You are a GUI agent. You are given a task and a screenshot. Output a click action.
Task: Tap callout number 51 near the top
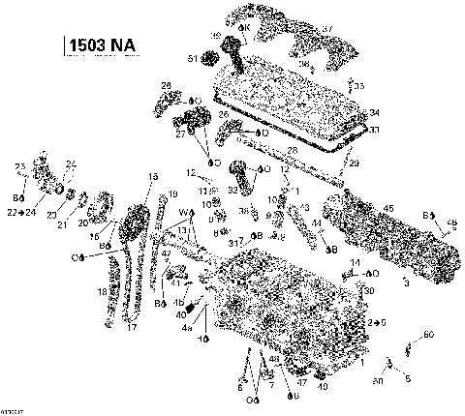click(x=193, y=59)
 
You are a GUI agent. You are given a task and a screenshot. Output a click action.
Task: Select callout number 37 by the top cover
click(x=326, y=29)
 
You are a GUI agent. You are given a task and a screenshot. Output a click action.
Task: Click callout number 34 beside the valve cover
click(x=375, y=113)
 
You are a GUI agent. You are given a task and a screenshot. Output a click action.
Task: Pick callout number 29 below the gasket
click(x=353, y=163)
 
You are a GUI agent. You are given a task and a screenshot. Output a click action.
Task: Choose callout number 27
click(x=180, y=135)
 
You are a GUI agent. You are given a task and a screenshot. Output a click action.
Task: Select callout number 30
click(x=370, y=290)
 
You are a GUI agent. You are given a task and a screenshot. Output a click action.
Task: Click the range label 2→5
click(x=378, y=320)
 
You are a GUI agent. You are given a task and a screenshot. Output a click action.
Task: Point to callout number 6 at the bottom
click(x=239, y=387)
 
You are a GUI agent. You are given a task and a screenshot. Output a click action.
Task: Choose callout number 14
click(x=356, y=262)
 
